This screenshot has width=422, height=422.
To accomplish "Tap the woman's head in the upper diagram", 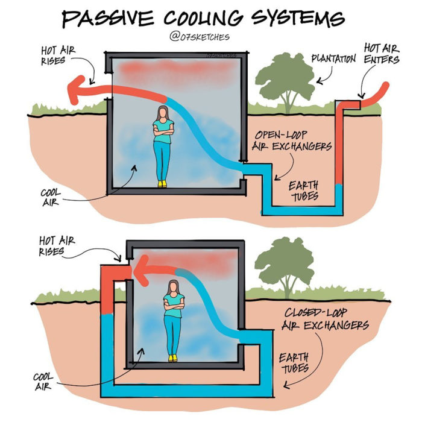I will pos(163,113).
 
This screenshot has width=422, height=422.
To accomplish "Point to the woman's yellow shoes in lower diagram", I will pos(173,358).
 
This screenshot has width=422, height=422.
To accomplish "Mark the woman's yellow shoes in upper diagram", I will pos(162,183).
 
